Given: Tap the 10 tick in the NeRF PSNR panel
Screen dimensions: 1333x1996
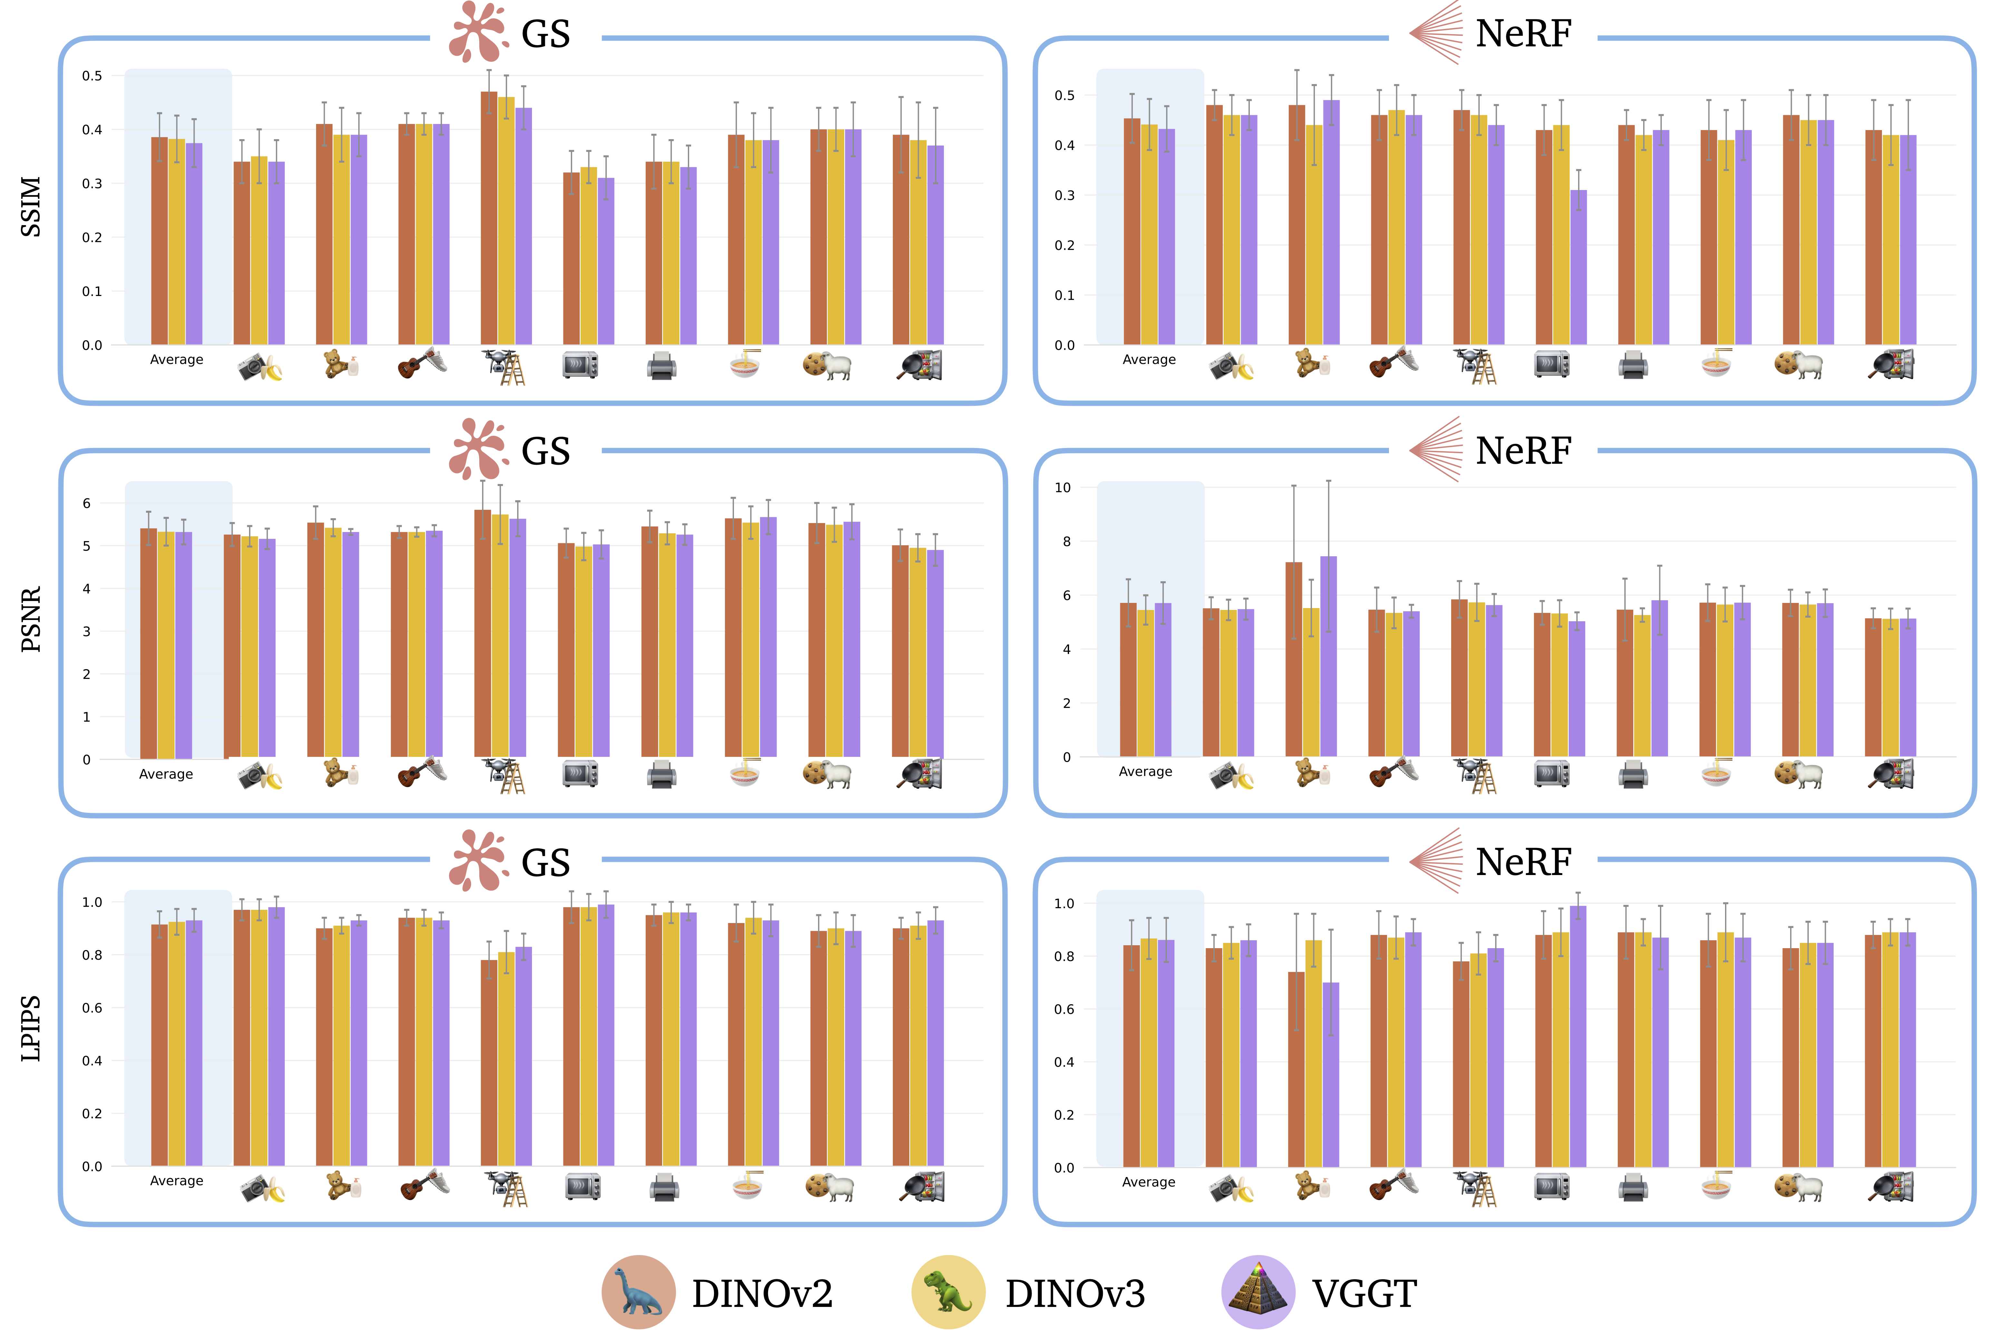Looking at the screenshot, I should tap(1062, 488).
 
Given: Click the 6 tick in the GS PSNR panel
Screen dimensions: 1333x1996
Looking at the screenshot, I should tap(87, 503).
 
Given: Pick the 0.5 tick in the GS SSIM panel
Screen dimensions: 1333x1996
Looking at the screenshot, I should tap(92, 76).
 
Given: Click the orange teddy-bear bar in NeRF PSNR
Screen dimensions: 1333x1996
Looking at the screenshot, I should tap(1294, 659).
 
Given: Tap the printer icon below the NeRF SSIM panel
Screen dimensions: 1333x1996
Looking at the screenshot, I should tap(1632, 366).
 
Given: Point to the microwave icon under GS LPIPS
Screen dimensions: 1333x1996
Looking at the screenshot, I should tap(583, 1187).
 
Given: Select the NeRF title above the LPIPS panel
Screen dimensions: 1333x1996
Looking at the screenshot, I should tap(1522, 862).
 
